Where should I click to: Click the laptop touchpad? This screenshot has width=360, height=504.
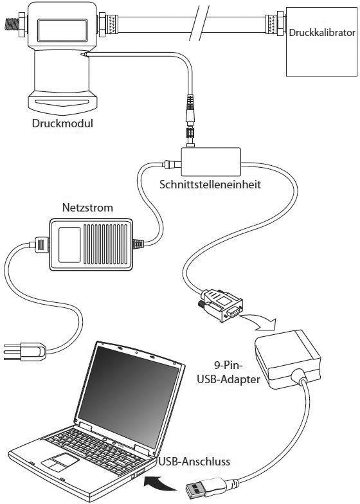tap(59, 461)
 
